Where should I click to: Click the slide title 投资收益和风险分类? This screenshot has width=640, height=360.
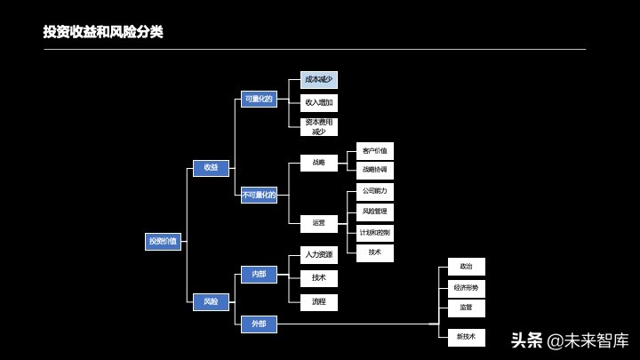pos(103,32)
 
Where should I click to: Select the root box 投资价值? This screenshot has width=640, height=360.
pos(163,241)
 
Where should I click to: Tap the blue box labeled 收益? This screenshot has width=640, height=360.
pos(211,168)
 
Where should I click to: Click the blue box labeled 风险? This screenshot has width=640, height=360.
pos(211,302)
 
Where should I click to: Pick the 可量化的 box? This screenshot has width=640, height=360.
pos(259,99)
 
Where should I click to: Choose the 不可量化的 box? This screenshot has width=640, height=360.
pos(259,196)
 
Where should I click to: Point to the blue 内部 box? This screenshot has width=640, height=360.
pos(259,275)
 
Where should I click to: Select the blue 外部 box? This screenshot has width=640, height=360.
pos(259,324)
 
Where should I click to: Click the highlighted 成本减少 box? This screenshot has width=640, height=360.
pos(318,80)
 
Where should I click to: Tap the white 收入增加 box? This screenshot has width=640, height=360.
pos(318,103)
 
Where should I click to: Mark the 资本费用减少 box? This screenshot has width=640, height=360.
pos(318,127)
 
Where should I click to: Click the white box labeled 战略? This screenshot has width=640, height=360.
pos(318,164)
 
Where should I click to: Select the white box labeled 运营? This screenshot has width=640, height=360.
pos(318,224)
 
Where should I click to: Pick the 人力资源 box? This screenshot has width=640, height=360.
pos(318,255)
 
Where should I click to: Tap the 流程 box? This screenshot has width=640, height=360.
pos(318,302)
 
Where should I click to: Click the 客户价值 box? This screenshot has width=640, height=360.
pos(374,151)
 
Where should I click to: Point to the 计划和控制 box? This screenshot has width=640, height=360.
pos(374,233)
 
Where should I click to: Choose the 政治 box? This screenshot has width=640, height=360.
pos(466,267)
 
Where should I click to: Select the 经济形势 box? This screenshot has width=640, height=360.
pos(466,288)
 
